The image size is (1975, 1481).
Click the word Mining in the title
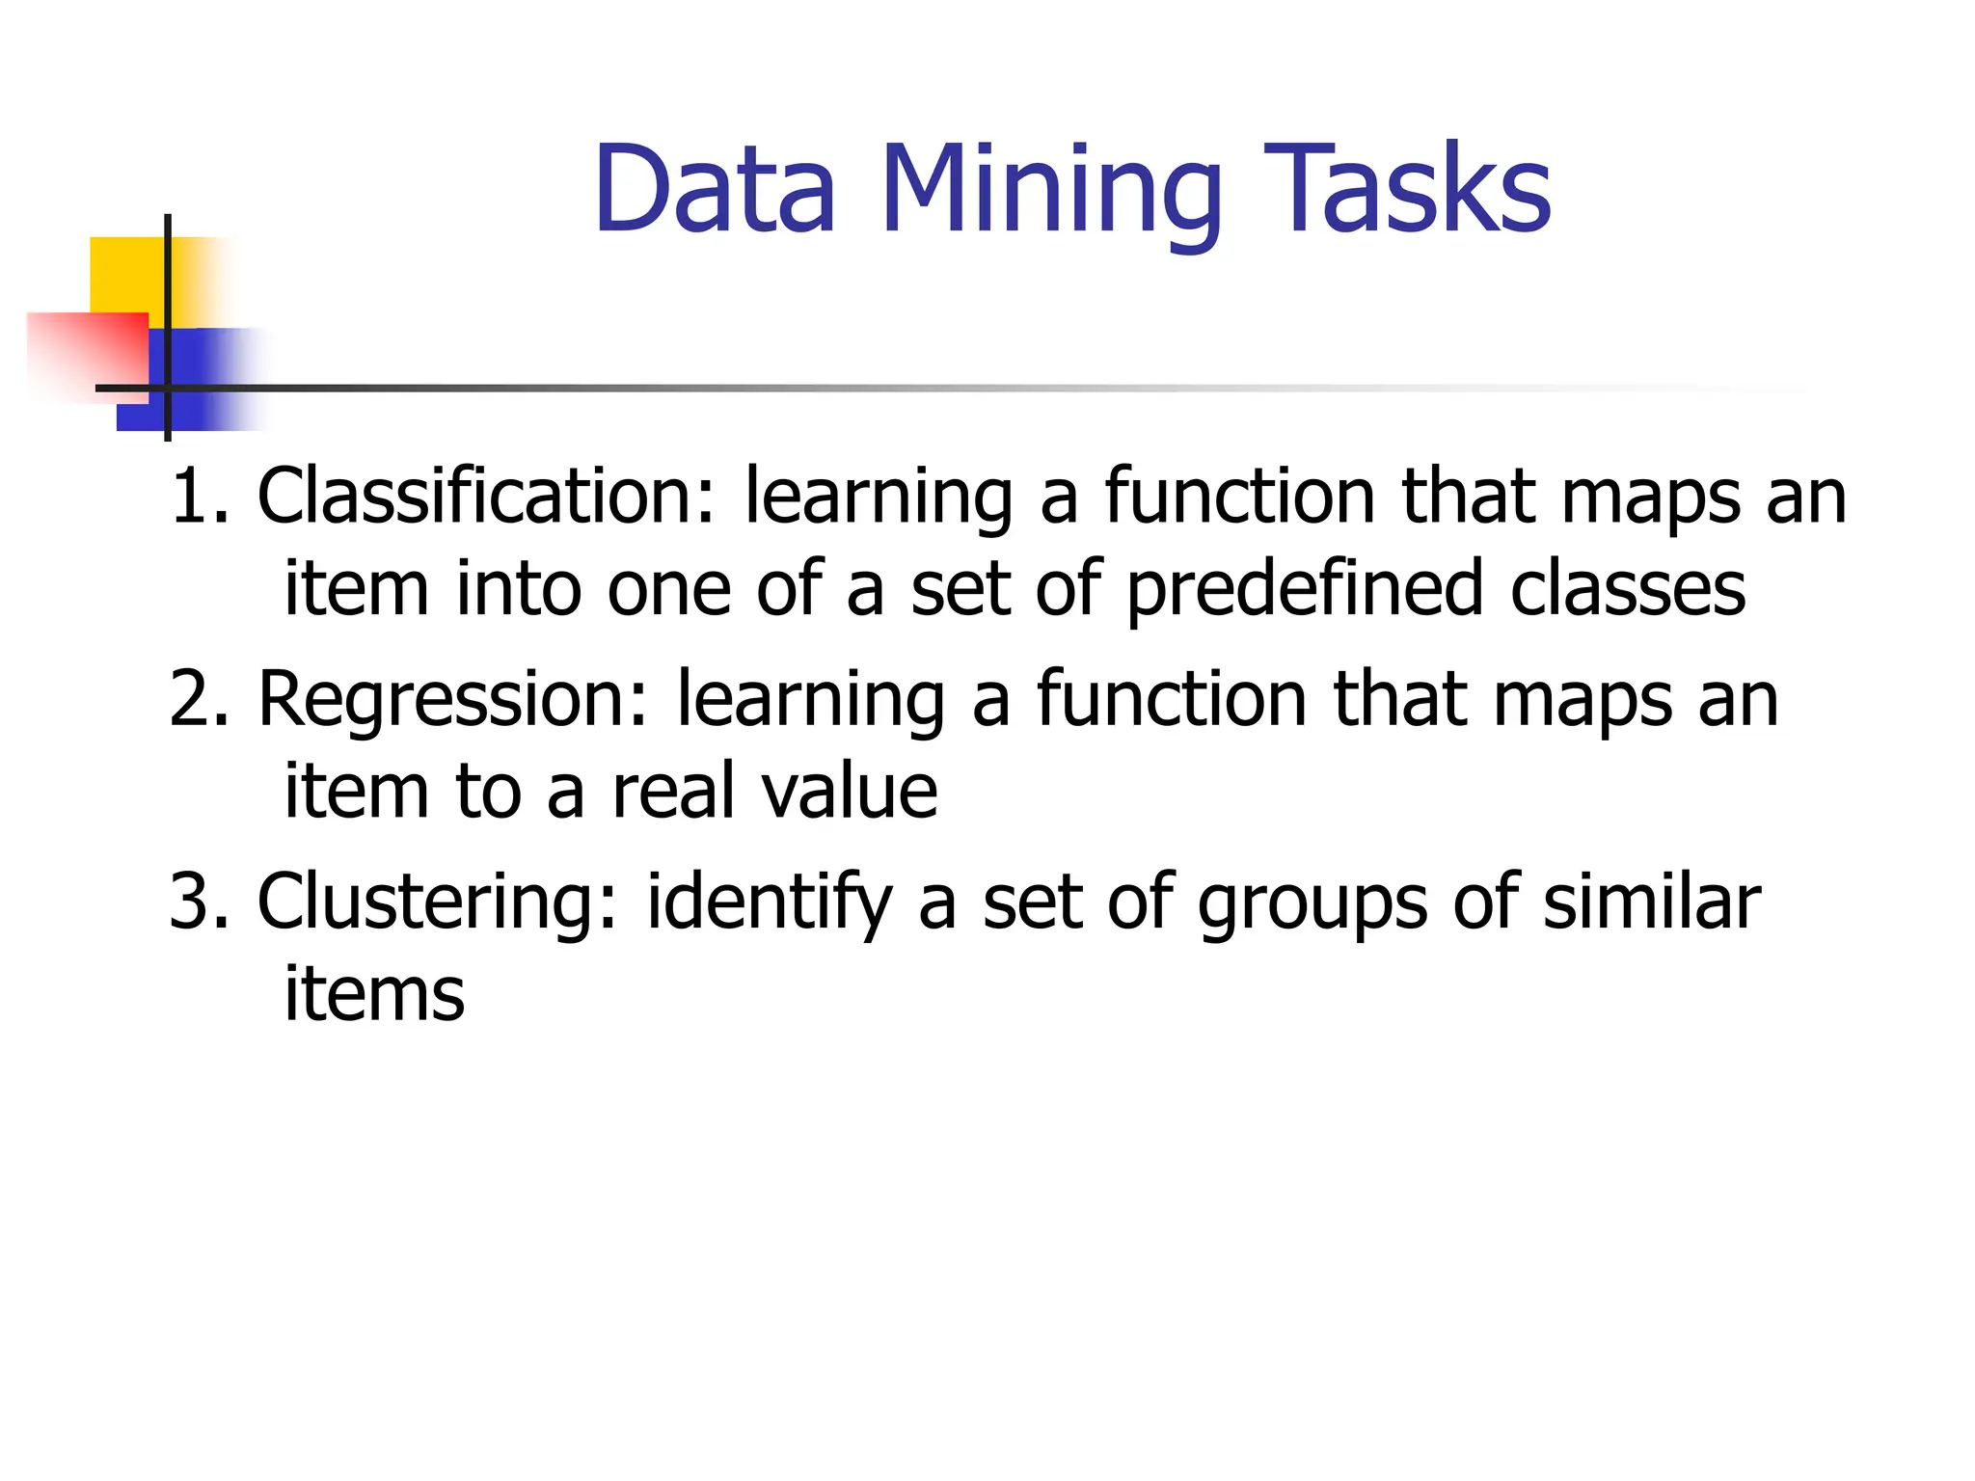(x=1050, y=191)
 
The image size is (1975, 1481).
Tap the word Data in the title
(x=714, y=189)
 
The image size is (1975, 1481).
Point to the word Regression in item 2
(x=453, y=699)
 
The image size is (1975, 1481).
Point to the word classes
(x=1627, y=590)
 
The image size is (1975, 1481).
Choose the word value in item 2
(x=849, y=793)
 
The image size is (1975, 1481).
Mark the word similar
(x=1651, y=902)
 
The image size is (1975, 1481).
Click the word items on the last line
(x=374, y=994)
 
